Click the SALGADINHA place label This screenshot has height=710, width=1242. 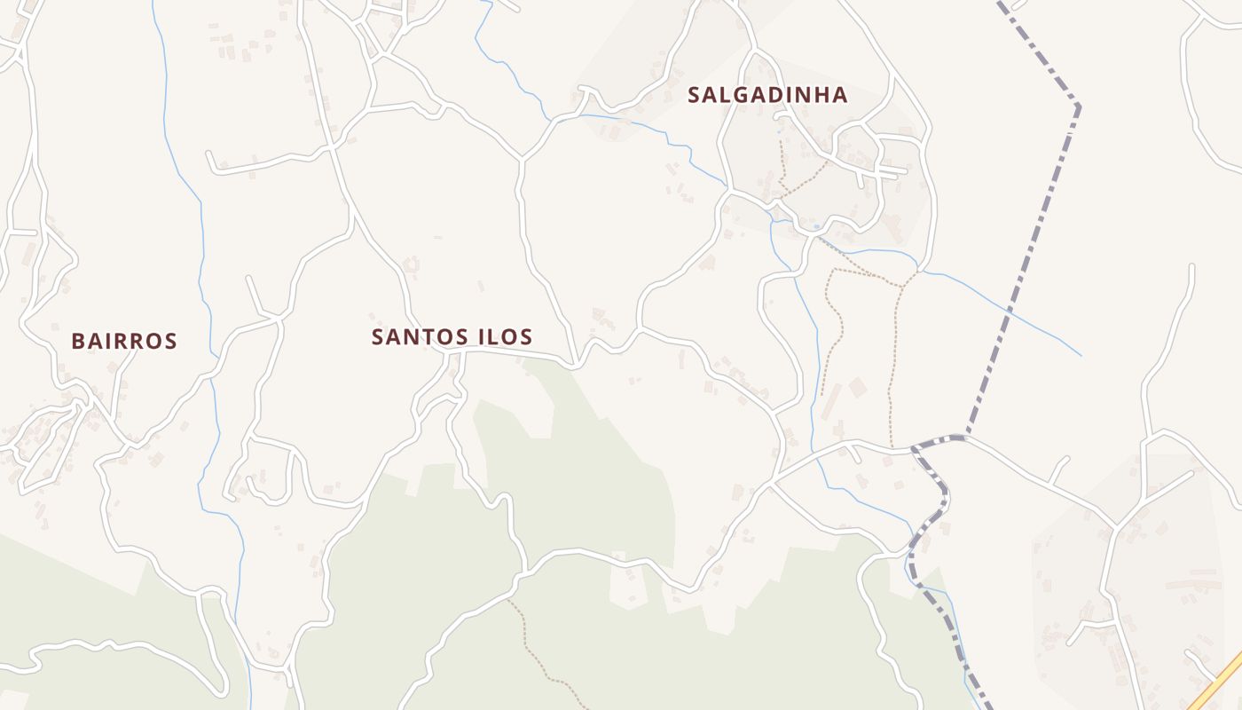click(x=767, y=95)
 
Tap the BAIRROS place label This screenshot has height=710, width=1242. click(x=124, y=341)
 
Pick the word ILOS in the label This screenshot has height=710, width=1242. click(x=505, y=337)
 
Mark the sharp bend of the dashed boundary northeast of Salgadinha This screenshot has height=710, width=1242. click(x=1078, y=106)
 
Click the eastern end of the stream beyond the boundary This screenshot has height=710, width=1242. click(x=1081, y=355)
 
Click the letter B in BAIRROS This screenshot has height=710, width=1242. click(x=78, y=341)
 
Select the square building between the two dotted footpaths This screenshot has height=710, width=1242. click(x=857, y=388)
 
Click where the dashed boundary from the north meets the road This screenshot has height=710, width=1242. click(x=966, y=436)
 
